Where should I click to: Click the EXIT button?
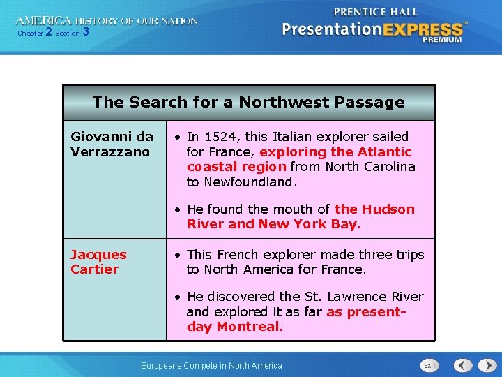[430, 365]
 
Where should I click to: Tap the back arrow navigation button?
[463, 365]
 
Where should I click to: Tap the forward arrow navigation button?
[485, 365]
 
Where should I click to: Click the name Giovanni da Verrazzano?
[112, 144]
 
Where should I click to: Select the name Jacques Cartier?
[98, 262]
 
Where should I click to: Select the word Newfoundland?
[250, 182]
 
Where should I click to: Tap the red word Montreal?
[248, 327]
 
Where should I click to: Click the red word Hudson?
[387, 209]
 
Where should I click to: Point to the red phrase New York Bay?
[308, 224]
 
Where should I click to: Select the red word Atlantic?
[385, 151]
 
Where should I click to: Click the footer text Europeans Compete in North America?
[211, 365]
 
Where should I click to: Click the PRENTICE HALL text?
[376, 12]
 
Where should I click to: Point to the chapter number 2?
[49, 32]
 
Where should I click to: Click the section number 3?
[85, 32]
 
